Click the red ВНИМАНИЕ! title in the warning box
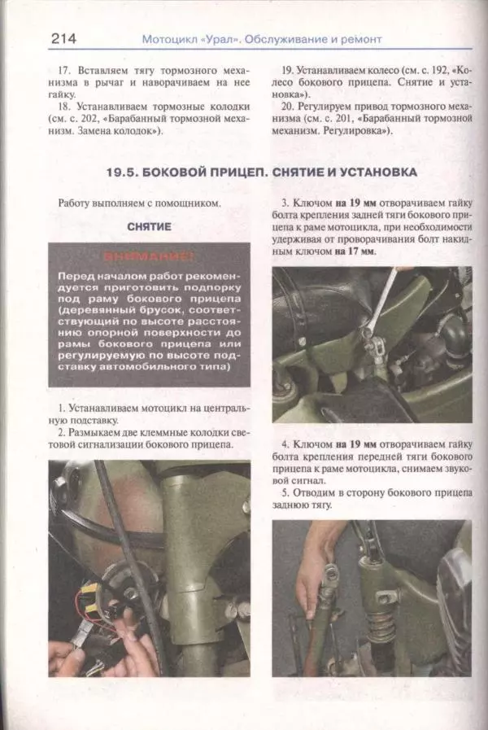pyautogui.click(x=150, y=258)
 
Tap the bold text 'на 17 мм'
pyautogui.click(x=355, y=252)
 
